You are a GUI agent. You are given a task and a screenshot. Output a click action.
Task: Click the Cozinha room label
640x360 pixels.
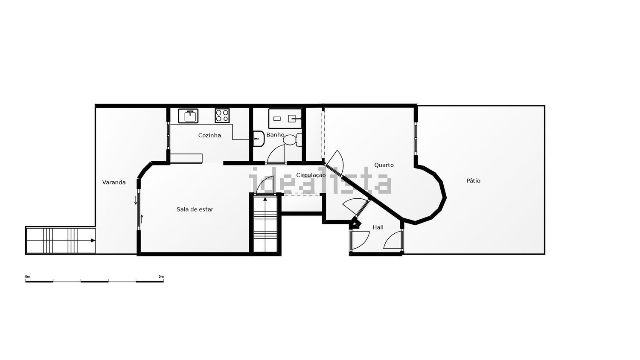(209, 136)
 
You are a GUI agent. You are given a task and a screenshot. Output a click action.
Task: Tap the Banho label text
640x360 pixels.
(275, 134)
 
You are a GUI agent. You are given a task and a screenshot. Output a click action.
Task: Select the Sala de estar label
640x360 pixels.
(195, 209)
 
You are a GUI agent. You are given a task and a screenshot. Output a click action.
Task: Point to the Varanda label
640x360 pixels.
(114, 182)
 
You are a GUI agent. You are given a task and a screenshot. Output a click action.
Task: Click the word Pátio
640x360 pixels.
(474, 180)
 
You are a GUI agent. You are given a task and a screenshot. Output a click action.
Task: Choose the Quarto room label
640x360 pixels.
(384, 165)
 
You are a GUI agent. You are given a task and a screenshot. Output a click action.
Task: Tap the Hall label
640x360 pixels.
(378, 227)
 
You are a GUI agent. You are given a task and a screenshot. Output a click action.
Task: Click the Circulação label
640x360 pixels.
(311, 175)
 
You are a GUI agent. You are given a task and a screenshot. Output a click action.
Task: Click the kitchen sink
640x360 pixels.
(188, 116)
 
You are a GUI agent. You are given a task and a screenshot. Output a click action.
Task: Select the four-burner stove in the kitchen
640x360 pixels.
(222, 116)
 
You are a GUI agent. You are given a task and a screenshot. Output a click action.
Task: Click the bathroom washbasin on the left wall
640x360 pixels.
(258, 139)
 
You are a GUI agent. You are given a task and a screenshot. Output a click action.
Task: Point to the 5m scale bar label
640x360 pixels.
(161, 276)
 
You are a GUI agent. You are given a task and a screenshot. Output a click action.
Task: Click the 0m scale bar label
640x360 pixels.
(27, 276)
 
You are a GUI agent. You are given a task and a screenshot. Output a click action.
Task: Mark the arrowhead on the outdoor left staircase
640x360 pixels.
(93, 241)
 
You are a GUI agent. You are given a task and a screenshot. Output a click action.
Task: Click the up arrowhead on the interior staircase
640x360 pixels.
(265, 199)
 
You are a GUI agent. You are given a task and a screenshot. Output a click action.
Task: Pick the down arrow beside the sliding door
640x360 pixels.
(136, 200)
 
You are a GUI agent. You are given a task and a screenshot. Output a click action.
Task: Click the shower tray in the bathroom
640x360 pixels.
(285, 118)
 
